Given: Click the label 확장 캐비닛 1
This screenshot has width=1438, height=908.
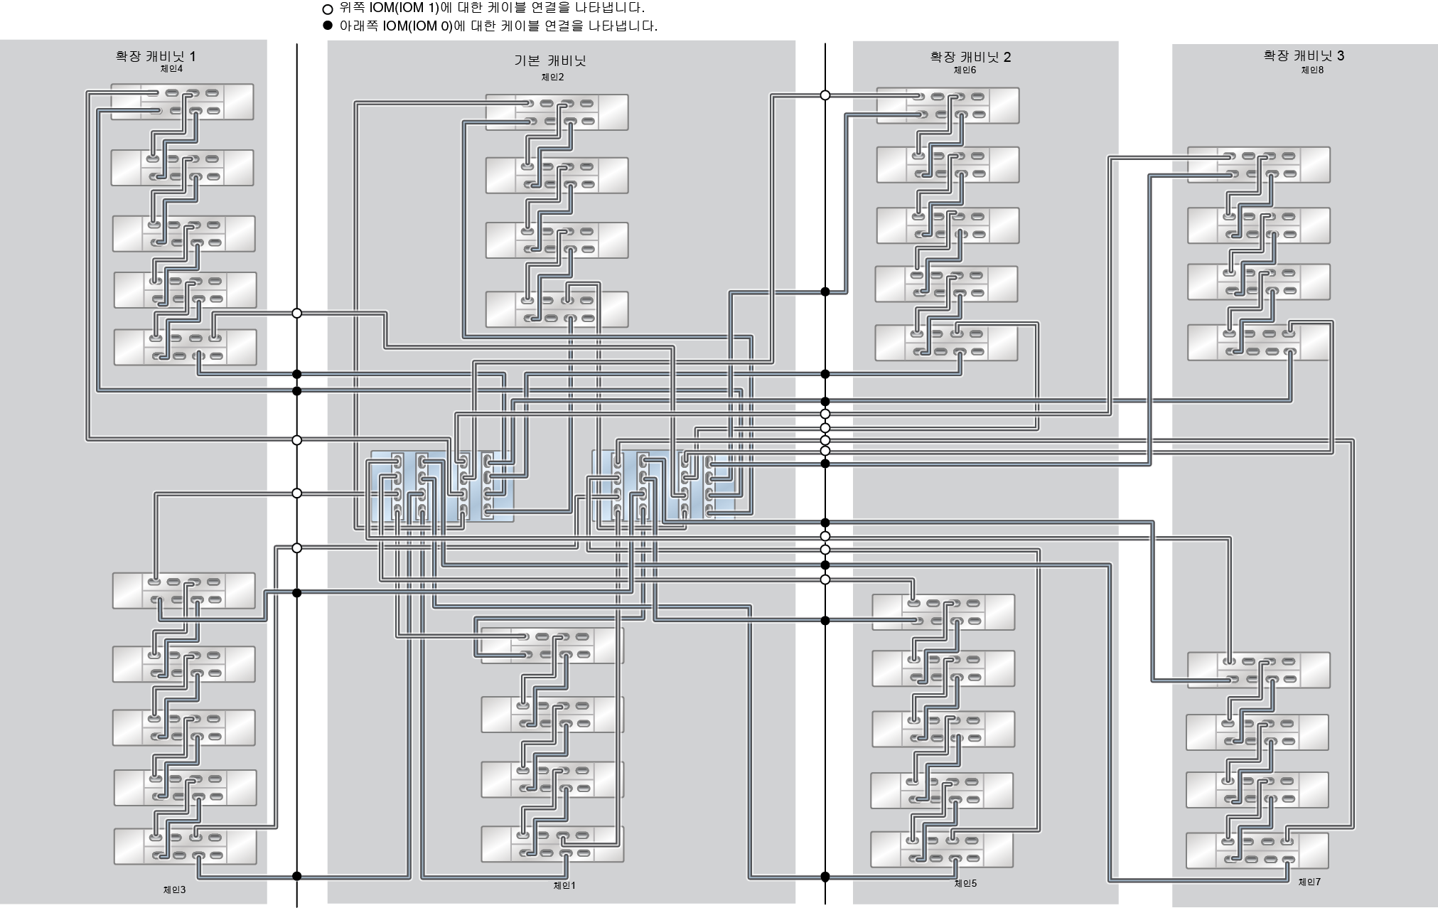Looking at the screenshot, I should (156, 56).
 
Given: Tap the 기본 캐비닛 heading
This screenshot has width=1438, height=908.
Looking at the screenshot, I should (550, 60).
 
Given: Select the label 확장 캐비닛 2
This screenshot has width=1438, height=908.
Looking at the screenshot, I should (970, 57).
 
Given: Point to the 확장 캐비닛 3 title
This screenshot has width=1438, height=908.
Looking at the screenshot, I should (1304, 55).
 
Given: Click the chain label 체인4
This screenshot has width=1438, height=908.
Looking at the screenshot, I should (171, 69).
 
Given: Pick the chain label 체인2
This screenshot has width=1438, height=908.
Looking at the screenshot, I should (552, 78).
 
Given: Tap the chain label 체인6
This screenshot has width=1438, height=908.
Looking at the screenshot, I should (965, 70).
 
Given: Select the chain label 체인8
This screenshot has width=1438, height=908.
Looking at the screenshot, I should (1312, 70).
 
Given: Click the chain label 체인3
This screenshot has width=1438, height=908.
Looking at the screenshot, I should (174, 890).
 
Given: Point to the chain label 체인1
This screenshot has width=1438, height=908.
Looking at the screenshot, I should (564, 885).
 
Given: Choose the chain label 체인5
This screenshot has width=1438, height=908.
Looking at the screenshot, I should (965, 883).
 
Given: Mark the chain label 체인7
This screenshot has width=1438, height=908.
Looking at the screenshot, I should (1309, 882).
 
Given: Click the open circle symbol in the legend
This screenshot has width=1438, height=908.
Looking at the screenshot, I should (328, 9).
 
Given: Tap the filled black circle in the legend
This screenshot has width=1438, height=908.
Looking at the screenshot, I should (328, 26).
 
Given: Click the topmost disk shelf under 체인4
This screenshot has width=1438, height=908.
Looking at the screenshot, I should (182, 102).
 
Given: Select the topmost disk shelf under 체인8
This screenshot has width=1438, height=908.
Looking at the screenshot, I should (1258, 165).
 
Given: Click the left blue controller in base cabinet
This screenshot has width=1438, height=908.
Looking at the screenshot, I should (441, 486).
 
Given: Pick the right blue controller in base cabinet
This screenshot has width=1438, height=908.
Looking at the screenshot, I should (664, 485).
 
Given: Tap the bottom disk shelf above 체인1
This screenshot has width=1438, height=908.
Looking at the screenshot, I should (552, 844).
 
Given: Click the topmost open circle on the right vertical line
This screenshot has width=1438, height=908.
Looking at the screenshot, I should (825, 95).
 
